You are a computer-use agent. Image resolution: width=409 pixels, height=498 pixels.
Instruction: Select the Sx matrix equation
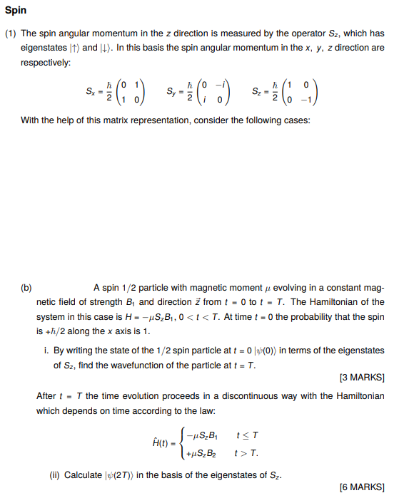coord(116,91)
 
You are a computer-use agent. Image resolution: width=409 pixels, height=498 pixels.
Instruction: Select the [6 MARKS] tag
coord(363,487)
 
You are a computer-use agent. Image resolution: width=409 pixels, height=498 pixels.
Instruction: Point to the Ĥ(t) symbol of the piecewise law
coord(162,442)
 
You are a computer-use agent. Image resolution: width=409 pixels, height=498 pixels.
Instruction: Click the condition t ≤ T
coord(246,434)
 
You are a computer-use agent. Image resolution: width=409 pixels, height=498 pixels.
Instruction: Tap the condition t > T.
coord(247,452)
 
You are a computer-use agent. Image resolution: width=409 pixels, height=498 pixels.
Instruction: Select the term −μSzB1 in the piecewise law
coord(201,434)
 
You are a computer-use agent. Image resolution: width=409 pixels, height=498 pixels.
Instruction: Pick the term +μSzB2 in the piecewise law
coord(201,452)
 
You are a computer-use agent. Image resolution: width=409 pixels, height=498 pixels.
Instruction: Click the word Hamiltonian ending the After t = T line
coord(359,395)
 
